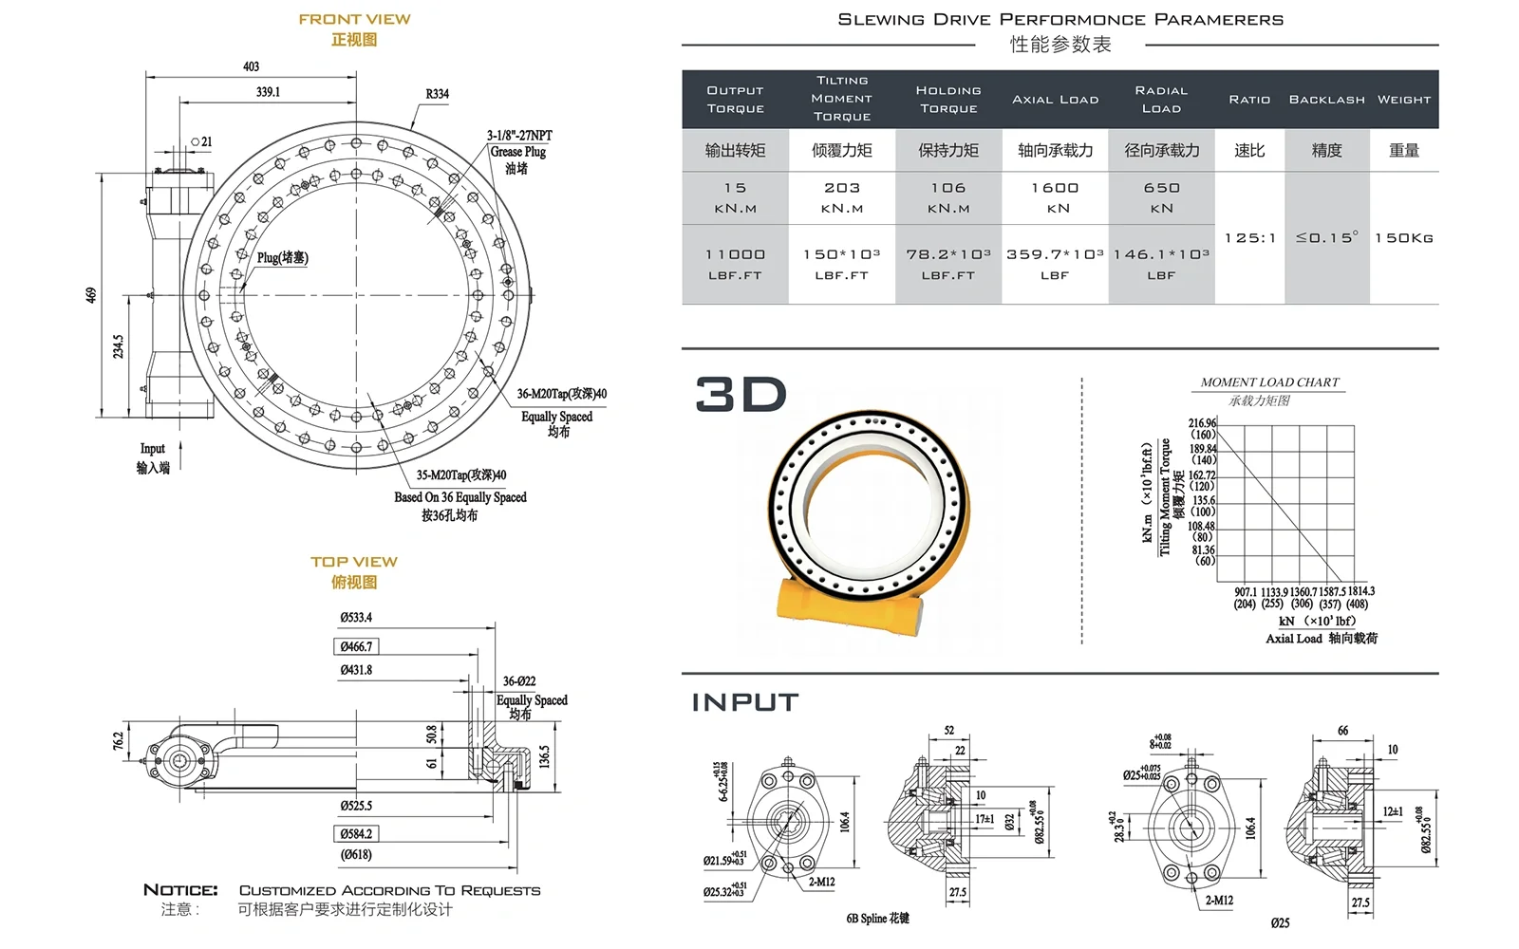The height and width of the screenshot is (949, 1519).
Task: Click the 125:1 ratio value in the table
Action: point(1249,238)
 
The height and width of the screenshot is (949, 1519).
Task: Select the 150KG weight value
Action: point(1403,238)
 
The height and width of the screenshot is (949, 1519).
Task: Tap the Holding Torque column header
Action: point(948,100)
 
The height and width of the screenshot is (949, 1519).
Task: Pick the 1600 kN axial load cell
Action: point(1055,197)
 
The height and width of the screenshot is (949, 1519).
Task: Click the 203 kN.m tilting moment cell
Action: point(842,197)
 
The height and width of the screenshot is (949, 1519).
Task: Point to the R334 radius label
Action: point(437,94)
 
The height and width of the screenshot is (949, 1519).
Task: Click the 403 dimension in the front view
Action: point(251,66)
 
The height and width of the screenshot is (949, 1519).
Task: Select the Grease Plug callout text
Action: point(517,152)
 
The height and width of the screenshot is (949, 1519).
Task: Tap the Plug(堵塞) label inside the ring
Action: point(282,257)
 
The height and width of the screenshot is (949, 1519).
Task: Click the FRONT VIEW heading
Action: point(354,19)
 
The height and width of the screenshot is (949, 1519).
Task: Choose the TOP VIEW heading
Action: point(354,562)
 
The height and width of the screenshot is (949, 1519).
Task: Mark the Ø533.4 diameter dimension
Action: point(356,618)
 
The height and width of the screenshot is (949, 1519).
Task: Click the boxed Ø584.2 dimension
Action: point(356,834)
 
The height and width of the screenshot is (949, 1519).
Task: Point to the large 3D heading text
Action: point(741,395)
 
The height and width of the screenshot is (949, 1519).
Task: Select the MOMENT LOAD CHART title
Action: point(1269,382)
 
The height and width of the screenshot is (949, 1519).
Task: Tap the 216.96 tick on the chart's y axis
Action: point(1202,423)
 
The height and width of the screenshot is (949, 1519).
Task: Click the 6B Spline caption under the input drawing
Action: point(877,919)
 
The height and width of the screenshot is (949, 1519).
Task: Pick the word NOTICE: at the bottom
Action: point(180,890)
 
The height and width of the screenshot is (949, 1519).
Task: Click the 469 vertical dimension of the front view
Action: point(91,295)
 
